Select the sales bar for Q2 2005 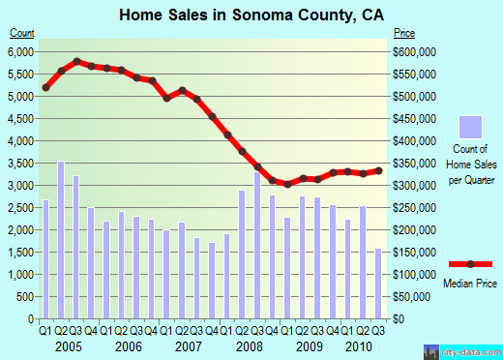(61, 240)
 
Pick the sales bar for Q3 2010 (378, 284)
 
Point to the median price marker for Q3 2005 (76, 61)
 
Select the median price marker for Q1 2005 (46, 88)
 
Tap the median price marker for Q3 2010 (378, 170)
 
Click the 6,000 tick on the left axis (20, 51)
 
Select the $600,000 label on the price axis (415, 51)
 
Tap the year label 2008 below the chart (250, 346)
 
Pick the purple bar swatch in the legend (471, 127)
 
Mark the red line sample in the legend (470, 264)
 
